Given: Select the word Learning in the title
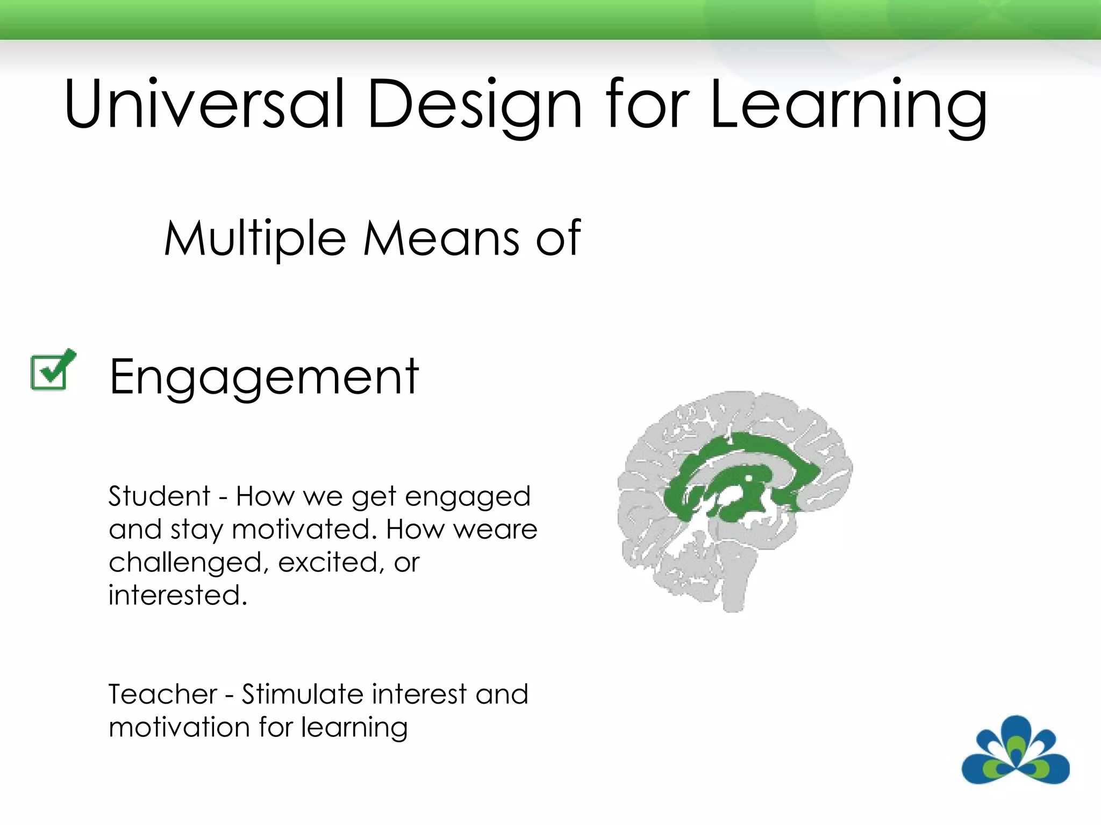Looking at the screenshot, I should tap(848, 105).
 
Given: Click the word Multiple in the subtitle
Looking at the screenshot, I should tap(255, 239).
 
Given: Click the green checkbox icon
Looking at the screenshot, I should tap(52, 370).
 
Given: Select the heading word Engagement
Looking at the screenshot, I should tap(263, 378).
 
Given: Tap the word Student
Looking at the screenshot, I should tap(159, 496).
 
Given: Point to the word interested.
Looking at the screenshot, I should tap(177, 595).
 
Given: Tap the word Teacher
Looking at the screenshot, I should tap(163, 694).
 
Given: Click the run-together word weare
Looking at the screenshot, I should tap(495, 530).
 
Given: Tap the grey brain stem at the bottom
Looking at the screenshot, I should tap(735, 585).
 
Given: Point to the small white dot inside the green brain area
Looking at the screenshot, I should tap(748, 477).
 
